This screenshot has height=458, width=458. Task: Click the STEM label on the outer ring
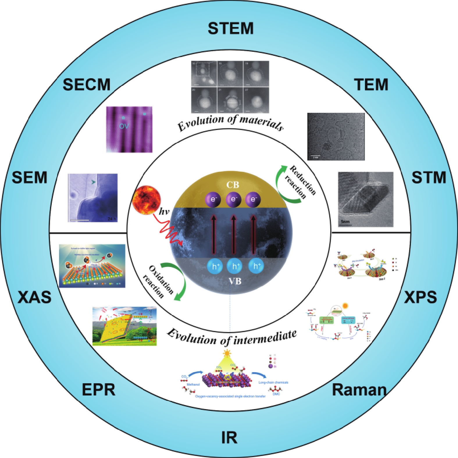coord(231,28)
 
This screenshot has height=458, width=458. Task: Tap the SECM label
coord(87,85)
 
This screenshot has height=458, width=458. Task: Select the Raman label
coord(359,390)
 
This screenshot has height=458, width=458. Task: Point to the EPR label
coord(99,390)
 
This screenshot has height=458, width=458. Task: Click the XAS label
coord(35,297)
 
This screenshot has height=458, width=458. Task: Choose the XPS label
coord(420,297)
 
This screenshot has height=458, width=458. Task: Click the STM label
coord(429,177)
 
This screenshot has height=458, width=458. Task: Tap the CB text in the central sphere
coord(232,185)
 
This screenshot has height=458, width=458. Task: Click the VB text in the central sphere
coord(235,281)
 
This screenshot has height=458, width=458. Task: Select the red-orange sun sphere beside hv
coord(146,200)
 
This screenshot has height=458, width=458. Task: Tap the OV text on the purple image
coord(124,126)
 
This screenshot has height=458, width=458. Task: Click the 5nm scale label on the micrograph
coord(345,222)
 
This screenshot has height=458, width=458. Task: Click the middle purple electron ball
coord(233,199)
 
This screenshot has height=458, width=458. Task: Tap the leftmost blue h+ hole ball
coord(215,266)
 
